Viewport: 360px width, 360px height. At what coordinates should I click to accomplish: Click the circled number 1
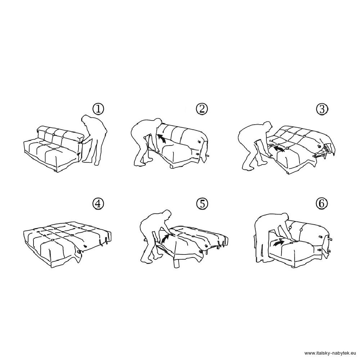point(98,109)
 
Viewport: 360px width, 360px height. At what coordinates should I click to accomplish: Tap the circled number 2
point(202,109)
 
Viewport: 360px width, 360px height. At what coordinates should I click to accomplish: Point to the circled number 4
point(98,204)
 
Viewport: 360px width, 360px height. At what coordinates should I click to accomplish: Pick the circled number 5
point(202,203)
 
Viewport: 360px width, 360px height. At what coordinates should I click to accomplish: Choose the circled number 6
point(322,203)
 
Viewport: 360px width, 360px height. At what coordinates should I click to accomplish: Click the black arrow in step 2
point(162,139)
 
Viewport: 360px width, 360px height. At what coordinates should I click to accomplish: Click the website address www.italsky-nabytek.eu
point(330,353)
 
